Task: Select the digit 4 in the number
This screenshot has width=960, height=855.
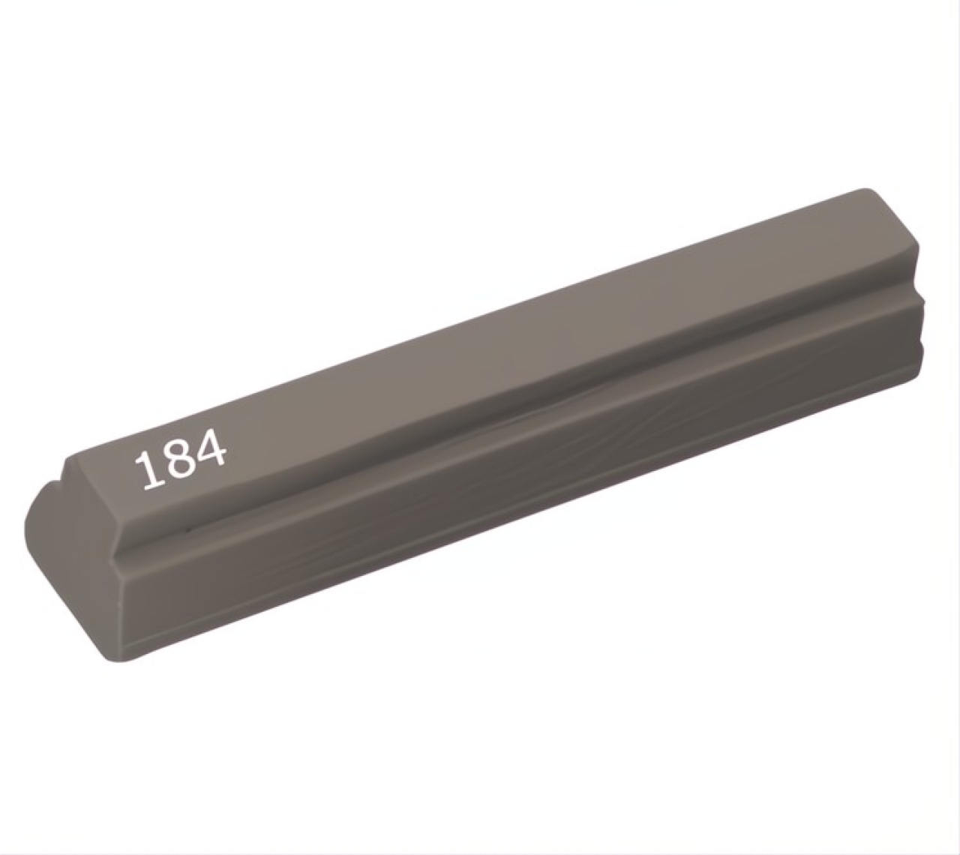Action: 210,451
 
